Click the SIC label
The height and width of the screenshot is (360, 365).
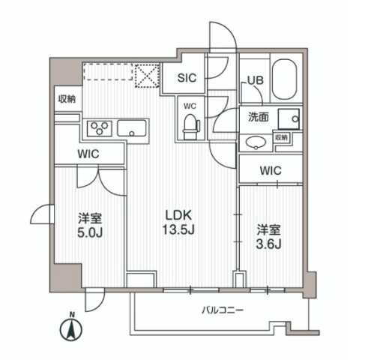pyautogui.click(x=188, y=78)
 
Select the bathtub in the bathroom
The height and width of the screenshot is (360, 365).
pyautogui.click(x=283, y=80)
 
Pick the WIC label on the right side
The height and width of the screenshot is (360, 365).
pyautogui.click(x=271, y=170)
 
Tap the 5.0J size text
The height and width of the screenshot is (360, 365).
pyautogui.click(x=90, y=233)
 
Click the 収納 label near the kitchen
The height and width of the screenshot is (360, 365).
pyautogui.click(x=66, y=99)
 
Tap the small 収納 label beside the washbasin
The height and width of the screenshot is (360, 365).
pyautogui.click(x=281, y=137)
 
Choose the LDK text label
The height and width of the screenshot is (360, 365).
pyautogui.click(x=181, y=214)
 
